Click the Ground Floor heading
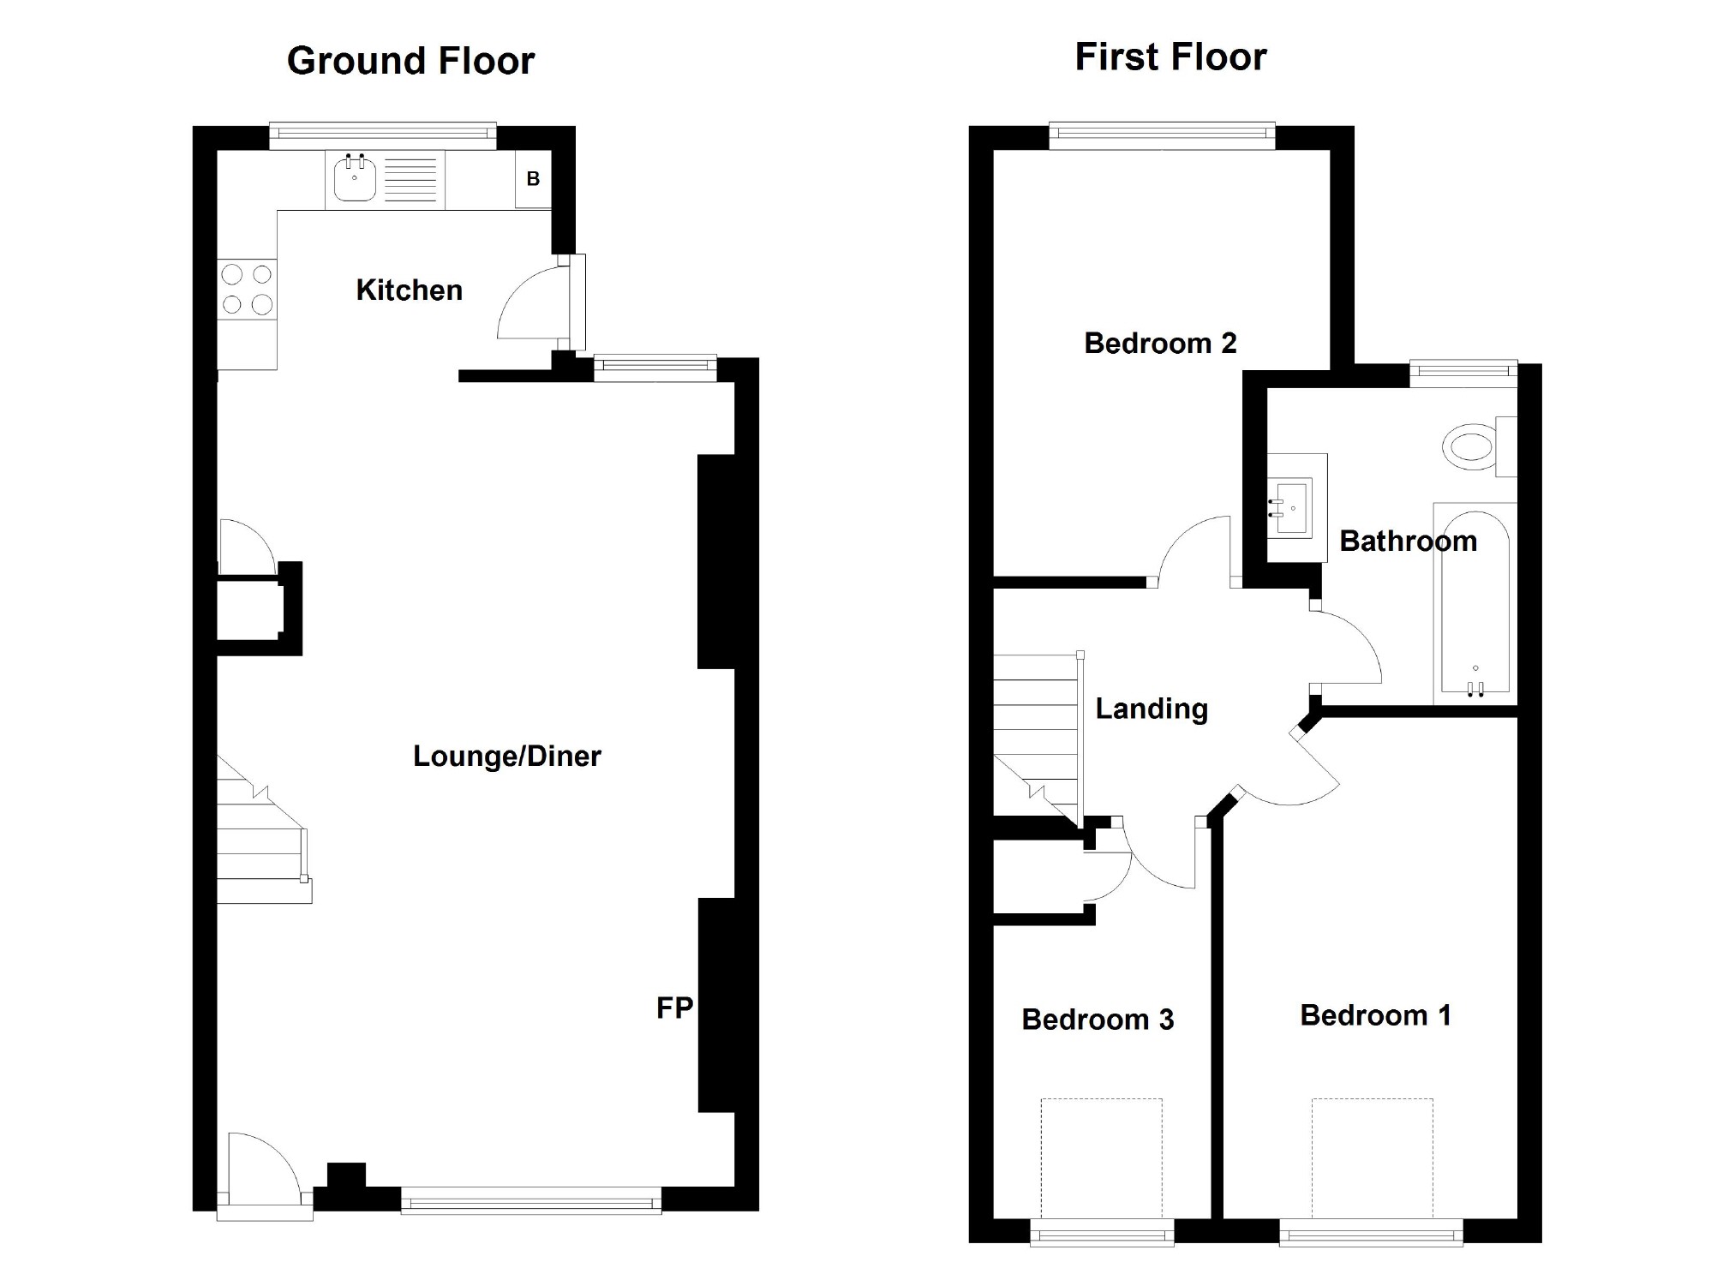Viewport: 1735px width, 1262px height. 410,61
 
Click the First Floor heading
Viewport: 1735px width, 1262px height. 1170,57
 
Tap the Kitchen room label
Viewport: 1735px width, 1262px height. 409,290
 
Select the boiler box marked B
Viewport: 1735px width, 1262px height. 533,179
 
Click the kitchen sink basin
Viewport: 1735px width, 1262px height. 354,179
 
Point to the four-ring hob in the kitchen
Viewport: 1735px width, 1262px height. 247,289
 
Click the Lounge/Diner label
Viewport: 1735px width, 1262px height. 506,756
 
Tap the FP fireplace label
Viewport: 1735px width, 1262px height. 673,1008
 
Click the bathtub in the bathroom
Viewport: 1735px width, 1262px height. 1475,604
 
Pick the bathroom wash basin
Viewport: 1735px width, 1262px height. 1291,508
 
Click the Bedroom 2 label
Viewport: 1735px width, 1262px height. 1160,344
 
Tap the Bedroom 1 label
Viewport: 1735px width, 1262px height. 1375,1015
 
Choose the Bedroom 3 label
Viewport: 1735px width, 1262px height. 1098,1020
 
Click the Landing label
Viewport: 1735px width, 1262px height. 1152,709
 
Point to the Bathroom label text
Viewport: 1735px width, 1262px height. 1408,541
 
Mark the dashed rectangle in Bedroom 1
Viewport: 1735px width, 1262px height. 1372,1157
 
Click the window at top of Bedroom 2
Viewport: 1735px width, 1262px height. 1162,132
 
